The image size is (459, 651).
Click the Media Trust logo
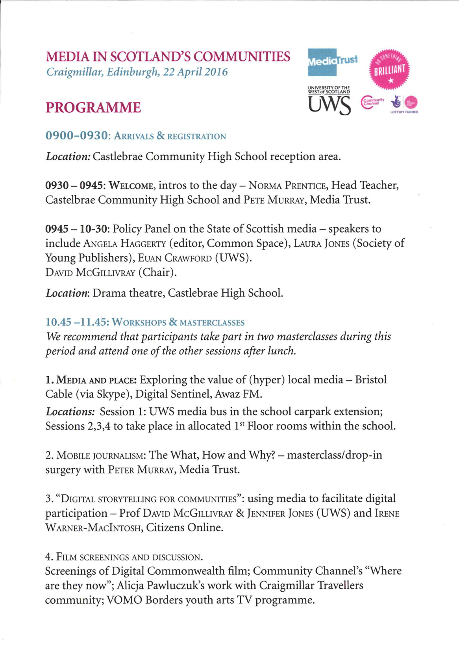(x=332, y=62)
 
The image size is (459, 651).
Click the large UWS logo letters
(x=329, y=105)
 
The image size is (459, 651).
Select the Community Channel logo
(x=372, y=103)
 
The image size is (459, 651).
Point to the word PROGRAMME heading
(x=93, y=107)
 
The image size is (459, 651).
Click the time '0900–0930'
(x=77, y=136)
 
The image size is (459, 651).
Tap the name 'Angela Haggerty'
(x=124, y=244)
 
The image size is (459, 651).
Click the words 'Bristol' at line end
(x=371, y=380)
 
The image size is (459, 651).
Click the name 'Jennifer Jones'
(x=280, y=514)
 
